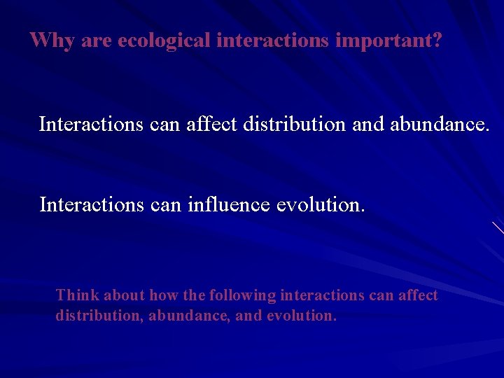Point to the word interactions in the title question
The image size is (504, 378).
pyautogui.click(x=274, y=41)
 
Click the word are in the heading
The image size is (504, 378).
pyautogui.click(x=97, y=41)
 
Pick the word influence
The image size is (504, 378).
pyautogui.click(x=229, y=205)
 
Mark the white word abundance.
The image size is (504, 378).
pyautogui.click(x=440, y=125)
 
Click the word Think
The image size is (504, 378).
pyautogui.click(x=78, y=295)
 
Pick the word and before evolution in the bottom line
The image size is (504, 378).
pyautogui.click(x=248, y=316)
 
